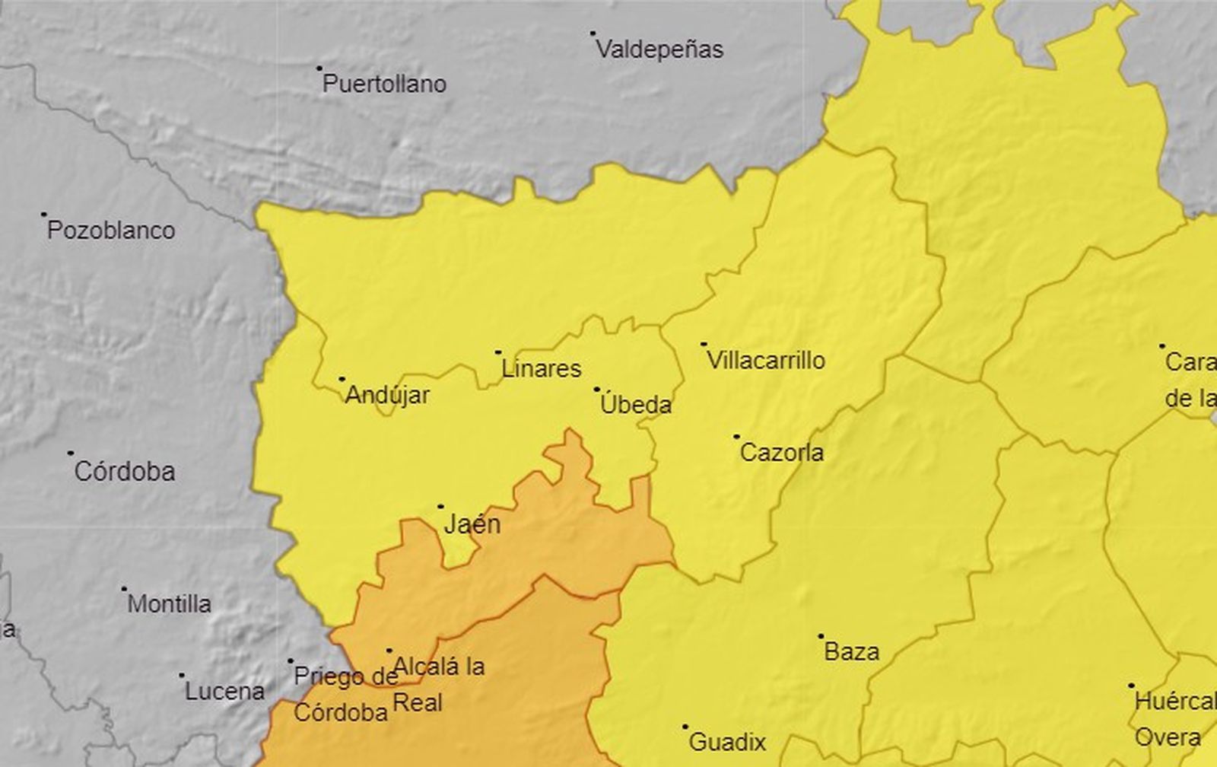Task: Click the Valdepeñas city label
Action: (659, 50)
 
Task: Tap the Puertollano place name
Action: (384, 84)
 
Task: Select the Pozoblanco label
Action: (111, 231)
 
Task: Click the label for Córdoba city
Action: (125, 472)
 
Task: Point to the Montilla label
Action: (169, 604)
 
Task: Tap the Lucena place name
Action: (225, 692)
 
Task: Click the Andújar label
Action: (387, 395)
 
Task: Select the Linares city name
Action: (541, 369)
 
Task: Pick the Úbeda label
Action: (636, 405)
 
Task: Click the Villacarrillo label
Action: (766, 361)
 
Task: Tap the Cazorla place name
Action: (781, 453)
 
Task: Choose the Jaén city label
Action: (472, 524)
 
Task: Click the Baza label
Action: (852, 652)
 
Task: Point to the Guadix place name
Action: (726, 742)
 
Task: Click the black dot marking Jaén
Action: (440, 506)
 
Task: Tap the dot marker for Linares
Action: (498, 352)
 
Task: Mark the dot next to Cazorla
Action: (736, 437)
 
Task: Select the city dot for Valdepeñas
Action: (593, 33)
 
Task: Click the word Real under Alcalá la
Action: (418, 702)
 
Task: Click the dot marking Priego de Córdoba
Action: (291, 661)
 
